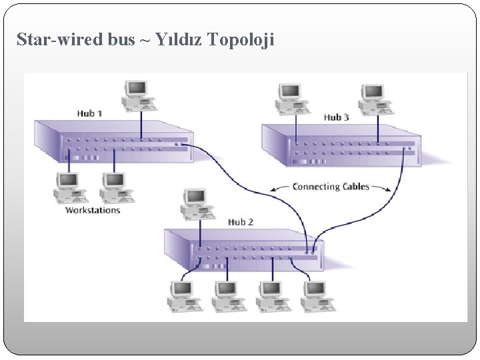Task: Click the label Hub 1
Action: tap(89, 113)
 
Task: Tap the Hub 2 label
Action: tap(241, 222)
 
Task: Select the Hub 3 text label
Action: tap(336, 117)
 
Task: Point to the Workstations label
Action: tap(93, 210)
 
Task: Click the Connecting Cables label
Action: tap(331, 187)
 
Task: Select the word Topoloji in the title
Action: tap(241, 40)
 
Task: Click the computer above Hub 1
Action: tap(139, 95)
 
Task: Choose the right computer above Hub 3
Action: tap(374, 99)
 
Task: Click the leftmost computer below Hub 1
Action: tap(69, 188)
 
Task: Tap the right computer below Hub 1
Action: tap(115, 188)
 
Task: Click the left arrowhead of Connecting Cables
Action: tap(273, 189)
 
